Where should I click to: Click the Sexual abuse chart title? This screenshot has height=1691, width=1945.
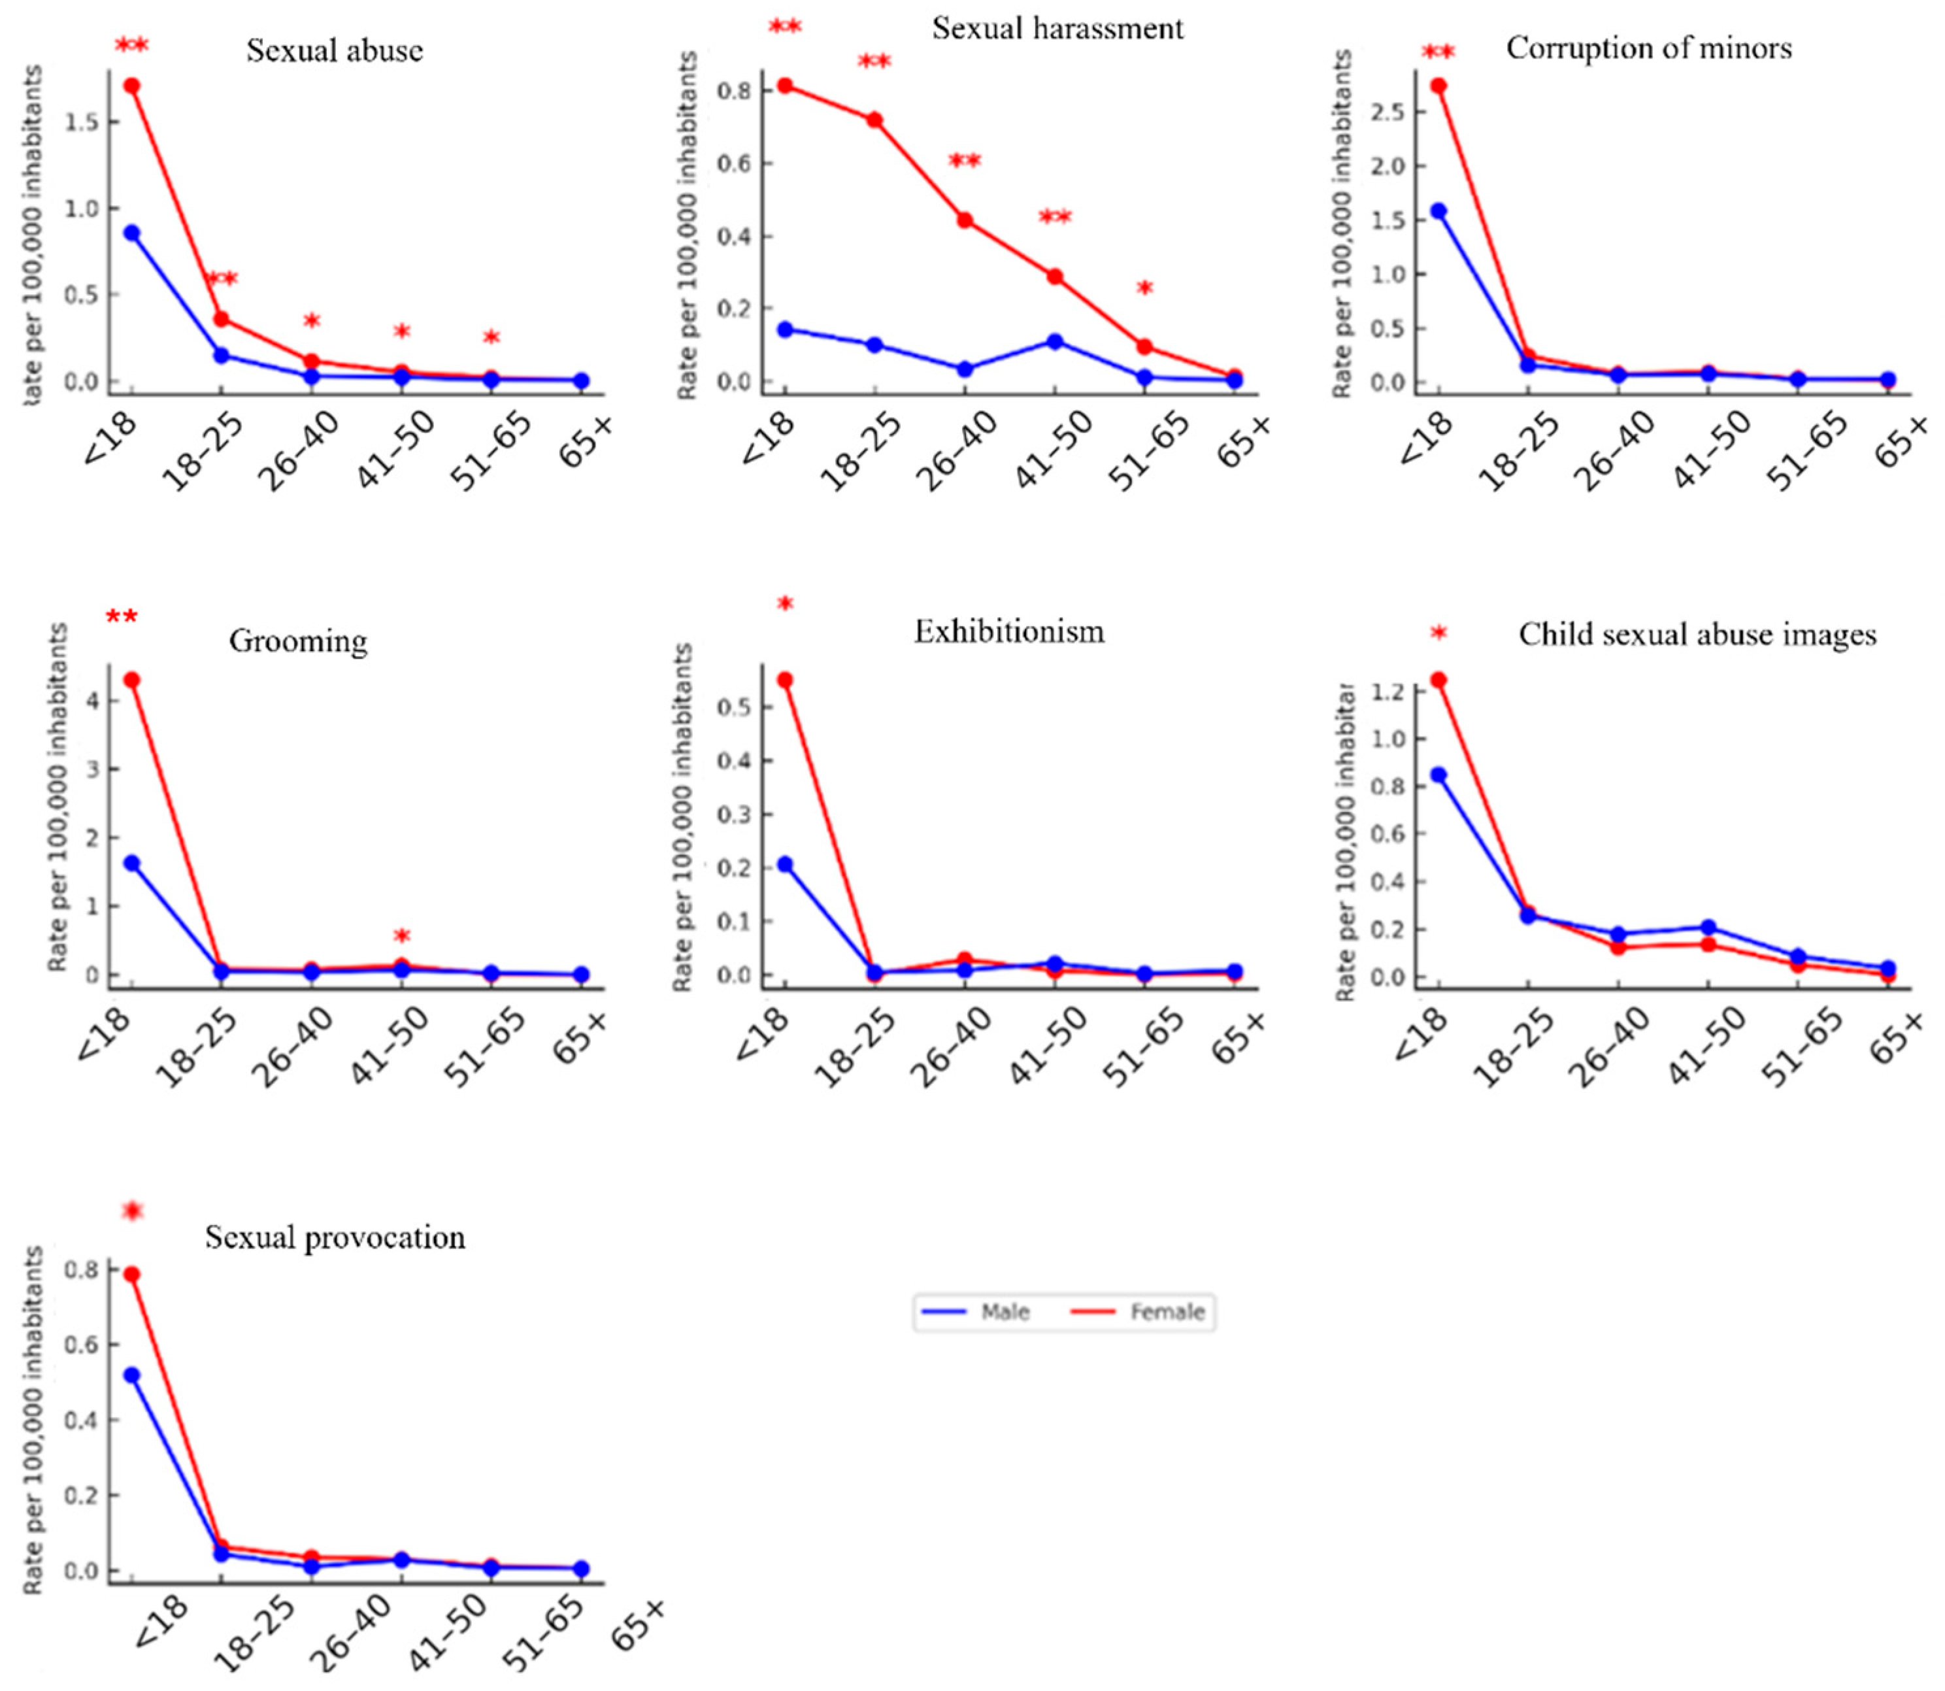click(335, 50)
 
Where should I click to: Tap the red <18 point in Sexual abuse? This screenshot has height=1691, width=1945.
click(132, 86)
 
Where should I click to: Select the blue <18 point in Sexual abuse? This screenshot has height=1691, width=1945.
click(132, 233)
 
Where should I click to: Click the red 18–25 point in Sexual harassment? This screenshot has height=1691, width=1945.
click(874, 120)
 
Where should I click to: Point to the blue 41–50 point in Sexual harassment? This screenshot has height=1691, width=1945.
click(1055, 342)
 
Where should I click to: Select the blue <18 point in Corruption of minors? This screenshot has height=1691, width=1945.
click(1438, 211)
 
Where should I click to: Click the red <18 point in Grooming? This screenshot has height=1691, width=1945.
click(132, 679)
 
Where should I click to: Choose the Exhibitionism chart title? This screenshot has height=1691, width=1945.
click(1008, 630)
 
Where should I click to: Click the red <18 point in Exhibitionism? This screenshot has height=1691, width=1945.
click(785, 679)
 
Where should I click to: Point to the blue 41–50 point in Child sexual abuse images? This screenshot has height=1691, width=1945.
click(1707, 928)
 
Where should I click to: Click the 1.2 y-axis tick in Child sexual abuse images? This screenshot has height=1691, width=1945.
click(1390, 692)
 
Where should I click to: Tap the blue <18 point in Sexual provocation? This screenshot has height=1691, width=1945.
click(132, 1375)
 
